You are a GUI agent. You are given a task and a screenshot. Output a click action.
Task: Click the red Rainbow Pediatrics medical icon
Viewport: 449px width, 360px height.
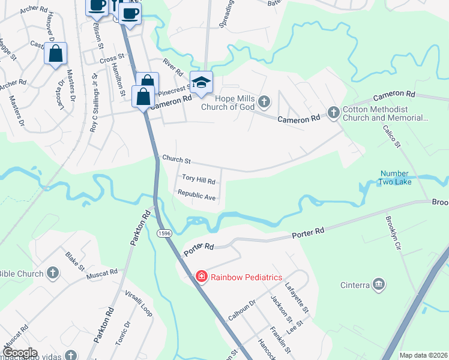pyautogui.click(x=202, y=277)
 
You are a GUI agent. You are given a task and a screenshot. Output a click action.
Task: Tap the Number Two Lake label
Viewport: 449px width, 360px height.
pyautogui.click(x=396, y=178)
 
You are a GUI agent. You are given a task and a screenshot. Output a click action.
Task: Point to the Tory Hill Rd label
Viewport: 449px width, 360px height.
pyautogui.click(x=198, y=179)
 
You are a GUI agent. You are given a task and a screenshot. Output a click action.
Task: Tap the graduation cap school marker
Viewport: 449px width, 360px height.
pyautogui.click(x=201, y=83)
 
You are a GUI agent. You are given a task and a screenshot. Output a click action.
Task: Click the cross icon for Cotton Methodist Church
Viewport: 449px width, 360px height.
pyautogui.click(x=333, y=112)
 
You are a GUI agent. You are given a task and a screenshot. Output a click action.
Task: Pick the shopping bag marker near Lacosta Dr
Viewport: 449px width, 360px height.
pyautogui.click(x=55, y=54)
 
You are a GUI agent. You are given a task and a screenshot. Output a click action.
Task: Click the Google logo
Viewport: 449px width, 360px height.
pyautogui.click(x=19, y=352)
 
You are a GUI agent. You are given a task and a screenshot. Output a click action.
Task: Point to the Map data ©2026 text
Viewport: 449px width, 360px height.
pyautogui.click(x=423, y=355)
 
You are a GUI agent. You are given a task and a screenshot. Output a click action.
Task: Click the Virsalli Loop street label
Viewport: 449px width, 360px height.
pyautogui.click(x=137, y=302)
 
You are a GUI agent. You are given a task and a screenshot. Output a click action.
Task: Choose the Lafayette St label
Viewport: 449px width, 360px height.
pyautogui.click(x=297, y=298)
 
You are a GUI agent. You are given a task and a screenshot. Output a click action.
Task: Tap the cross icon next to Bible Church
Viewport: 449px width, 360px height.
pyautogui.click(x=53, y=274)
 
